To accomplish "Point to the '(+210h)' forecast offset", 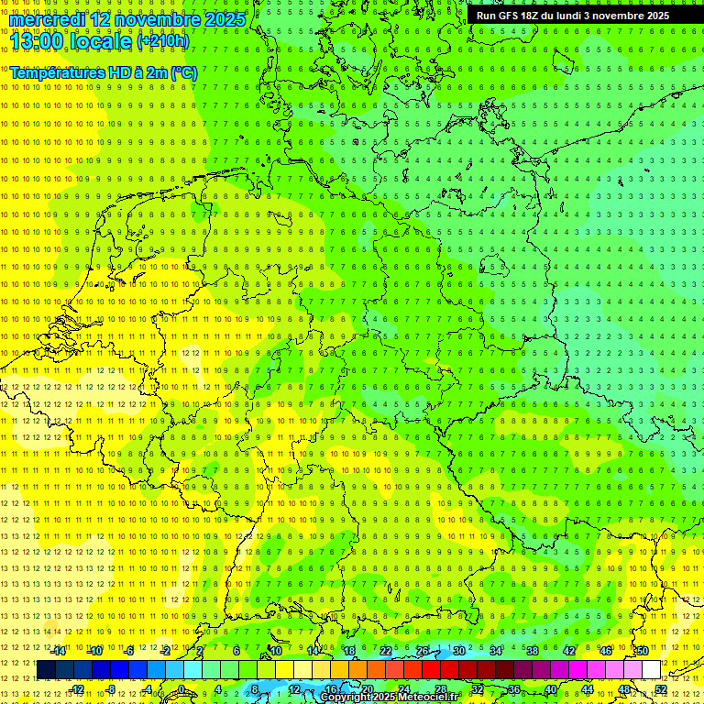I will [x=162, y=41].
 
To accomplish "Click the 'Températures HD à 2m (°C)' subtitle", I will [x=103, y=72].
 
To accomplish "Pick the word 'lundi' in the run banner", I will [x=564, y=16].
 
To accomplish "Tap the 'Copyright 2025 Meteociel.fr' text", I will [x=389, y=698].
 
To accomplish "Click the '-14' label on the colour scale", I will [x=59, y=651].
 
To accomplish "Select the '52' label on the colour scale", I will [x=662, y=689].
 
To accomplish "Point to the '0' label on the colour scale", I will [x=181, y=689].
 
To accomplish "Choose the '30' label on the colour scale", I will [x=458, y=651].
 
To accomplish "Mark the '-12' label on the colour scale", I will [x=77, y=689].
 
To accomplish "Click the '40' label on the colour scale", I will [x=551, y=689].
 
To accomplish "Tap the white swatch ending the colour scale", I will [x=652, y=670].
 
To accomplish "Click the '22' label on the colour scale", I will [x=385, y=651].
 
